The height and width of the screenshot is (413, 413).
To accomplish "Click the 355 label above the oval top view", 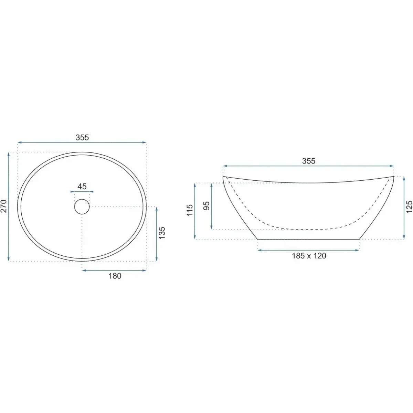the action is tap(82, 137).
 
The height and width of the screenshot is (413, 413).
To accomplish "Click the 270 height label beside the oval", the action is tap(4, 206).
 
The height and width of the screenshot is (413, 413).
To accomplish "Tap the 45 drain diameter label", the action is tap(82, 186).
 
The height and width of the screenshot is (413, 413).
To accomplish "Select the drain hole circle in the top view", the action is tap(82, 206).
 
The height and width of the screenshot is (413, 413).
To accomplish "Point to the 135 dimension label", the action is tap(162, 233).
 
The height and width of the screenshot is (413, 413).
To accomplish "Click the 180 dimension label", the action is tap(115, 276).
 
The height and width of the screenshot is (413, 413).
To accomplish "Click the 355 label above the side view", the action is tap(309, 161).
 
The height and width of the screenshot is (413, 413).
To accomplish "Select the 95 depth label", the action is tap(206, 206).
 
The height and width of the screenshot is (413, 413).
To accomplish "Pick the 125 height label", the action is tap(409, 206).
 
